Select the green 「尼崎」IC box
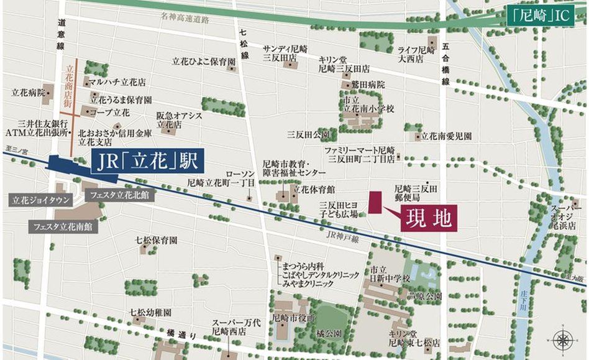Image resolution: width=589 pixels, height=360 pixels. point(540,14)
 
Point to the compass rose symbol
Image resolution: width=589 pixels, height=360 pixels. point(562,339)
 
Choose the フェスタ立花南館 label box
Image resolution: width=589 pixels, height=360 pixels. point(63,227)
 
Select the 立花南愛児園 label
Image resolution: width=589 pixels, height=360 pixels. point(446,136)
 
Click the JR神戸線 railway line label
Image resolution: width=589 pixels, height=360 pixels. point(342,238)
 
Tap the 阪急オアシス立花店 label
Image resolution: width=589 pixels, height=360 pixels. point(170,120)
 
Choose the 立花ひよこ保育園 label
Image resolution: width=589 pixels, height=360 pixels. point(204,62)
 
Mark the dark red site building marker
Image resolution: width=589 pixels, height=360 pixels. point(375,203)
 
